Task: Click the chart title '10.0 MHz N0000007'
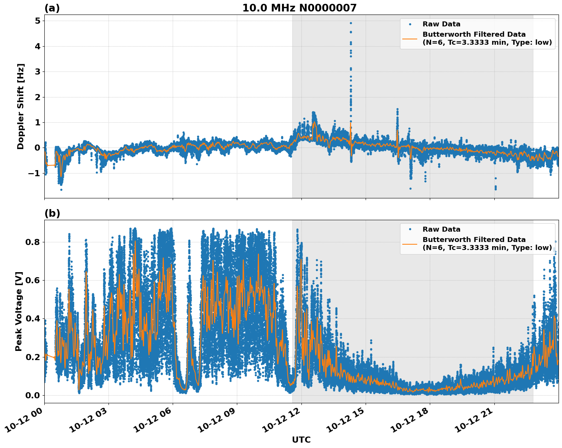pyautogui.click(x=299, y=8)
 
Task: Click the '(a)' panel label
pyautogui.click(x=52, y=8)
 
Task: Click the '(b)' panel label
pyautogui.click(x=52, y=213)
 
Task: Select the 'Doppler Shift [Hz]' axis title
pyautogui.click(x=21, y=106)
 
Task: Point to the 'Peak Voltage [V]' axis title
pyautogui.click(x=19, y=311)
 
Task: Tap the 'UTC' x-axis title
pyautogui.click(x=301, y=440)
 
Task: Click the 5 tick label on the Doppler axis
pyautogui.click(x=37, y=21)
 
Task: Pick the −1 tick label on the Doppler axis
pyautogui.click(x=34, y=173)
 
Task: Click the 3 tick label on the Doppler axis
pyautogui.click(x=37, y=72)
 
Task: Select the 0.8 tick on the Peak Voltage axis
pyautogui.click(x=32, y=242)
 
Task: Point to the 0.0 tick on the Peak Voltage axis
pyautogui.click(x=32, y=395)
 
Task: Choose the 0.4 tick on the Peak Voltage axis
pyautogui.click(x=32, y=318)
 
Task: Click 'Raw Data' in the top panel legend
pyautogui.click(x=441, y=24)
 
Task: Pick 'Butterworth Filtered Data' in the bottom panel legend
pyautogui.click(x=474, y=240)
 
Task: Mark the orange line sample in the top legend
pyautogui.click(x=410, y=39)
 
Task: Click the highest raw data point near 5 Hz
pyautogui.click(x=351, y=23)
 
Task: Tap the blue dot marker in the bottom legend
pyautogui.click(x=410, y=229)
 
